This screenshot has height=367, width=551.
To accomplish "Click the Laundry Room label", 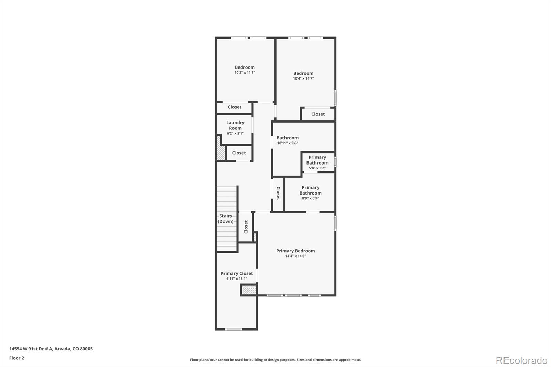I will pyautogui.click(x=235, y=125).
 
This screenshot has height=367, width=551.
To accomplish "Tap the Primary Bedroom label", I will pyautogui.click(x=295, y=251).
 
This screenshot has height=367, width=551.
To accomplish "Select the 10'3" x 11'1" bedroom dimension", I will pyautogui.click(x=245, y=73).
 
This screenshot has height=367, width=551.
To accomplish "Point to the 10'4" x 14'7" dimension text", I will pyautogui.click(x=303, y=78).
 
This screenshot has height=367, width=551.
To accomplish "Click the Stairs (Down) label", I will pyautogui.click(x=226, y=219).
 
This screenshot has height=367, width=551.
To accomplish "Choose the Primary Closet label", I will pyautogui.click(x=237, y=273).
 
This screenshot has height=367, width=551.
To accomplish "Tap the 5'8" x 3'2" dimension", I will pyautogui.click(x=317, y=168).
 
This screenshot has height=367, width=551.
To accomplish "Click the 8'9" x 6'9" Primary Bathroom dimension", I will pyautogui.click(x=310, y=198).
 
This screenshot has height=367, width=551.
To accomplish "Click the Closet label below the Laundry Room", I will pyautogui.click(x=239, y=153).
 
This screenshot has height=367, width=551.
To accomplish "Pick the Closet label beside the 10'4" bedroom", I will pyautogui.click(x=318, y=114).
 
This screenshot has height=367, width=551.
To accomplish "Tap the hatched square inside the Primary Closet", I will pyautogui.click(x=249, y=290).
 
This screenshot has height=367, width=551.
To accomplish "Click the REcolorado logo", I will pyautogui.click(x=521, y=360).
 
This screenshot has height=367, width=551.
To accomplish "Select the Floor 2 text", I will pyautogui.click(x=17, y=358).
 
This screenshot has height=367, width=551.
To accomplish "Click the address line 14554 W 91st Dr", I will pyautogui.click(x=51, y=349).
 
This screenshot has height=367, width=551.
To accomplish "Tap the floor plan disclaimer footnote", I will pyautogui.click(x=275, y=360).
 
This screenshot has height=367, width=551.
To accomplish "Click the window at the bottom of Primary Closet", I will pyautogui.click(x=233, y=329).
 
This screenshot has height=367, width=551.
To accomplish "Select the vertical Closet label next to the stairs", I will pyautogui.click(x=246, y=227).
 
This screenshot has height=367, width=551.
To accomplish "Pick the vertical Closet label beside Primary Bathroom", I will pyautogui.click(x=278, y=193).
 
